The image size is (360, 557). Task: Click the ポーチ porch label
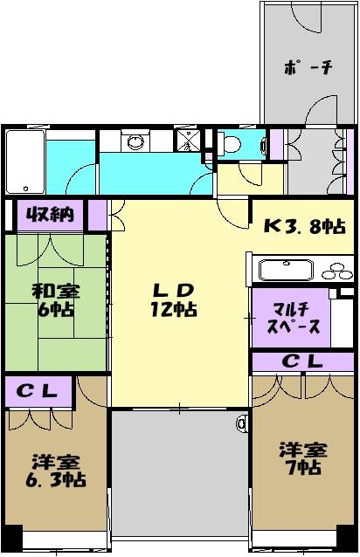tap(308, 69)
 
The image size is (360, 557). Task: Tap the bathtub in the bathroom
tap(25, 162)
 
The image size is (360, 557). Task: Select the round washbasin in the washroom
tap(135, 143)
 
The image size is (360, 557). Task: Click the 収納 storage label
tap(48, 213)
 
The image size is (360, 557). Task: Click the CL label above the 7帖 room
tap(305, 361)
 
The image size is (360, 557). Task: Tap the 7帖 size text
tap(302, 467)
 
